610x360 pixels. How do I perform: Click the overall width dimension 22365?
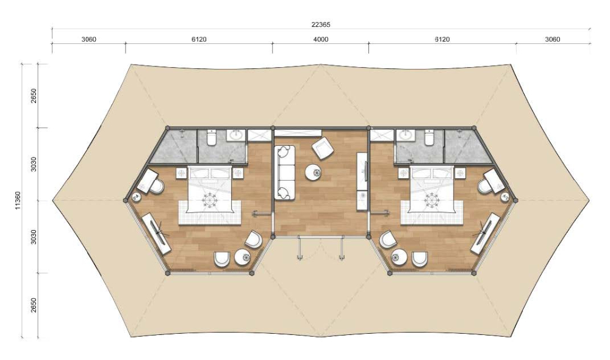321,24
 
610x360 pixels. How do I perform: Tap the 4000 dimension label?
321,39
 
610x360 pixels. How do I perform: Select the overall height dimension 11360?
18,200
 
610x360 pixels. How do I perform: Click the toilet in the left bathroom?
212,137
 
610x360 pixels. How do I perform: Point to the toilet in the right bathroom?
429,137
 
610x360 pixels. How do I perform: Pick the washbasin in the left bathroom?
235,135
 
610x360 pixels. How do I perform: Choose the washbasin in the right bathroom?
406,135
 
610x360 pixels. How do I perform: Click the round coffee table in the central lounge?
313,173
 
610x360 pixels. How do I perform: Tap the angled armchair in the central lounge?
323,148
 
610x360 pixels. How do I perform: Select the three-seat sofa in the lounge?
285,173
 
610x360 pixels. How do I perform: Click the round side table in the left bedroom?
243,257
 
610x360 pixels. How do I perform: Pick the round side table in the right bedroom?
399,257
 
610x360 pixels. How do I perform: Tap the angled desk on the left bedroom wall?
156,234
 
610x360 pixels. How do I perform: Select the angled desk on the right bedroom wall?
486,234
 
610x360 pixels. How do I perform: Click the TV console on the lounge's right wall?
362,181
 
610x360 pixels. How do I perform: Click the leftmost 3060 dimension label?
88,39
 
